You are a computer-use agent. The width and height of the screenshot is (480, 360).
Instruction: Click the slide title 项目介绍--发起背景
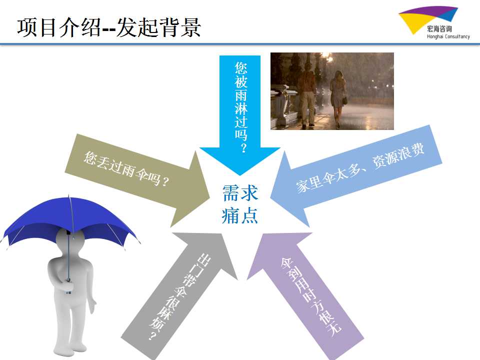coord(109,27)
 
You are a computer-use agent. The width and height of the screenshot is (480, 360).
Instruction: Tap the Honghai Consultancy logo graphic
coord(428,19)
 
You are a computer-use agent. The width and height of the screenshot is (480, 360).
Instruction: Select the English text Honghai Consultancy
coord(448,36)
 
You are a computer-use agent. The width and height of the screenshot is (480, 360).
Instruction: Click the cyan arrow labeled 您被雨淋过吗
coord(240,115)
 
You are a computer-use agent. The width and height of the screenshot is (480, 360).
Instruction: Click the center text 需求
coord(240,193)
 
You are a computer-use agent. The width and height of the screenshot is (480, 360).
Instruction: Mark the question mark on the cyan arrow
coord(243,148)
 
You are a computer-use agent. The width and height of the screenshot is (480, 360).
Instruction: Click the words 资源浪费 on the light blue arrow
coord(398,155)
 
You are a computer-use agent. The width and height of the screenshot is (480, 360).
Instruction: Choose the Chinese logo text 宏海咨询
coord(439,29)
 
